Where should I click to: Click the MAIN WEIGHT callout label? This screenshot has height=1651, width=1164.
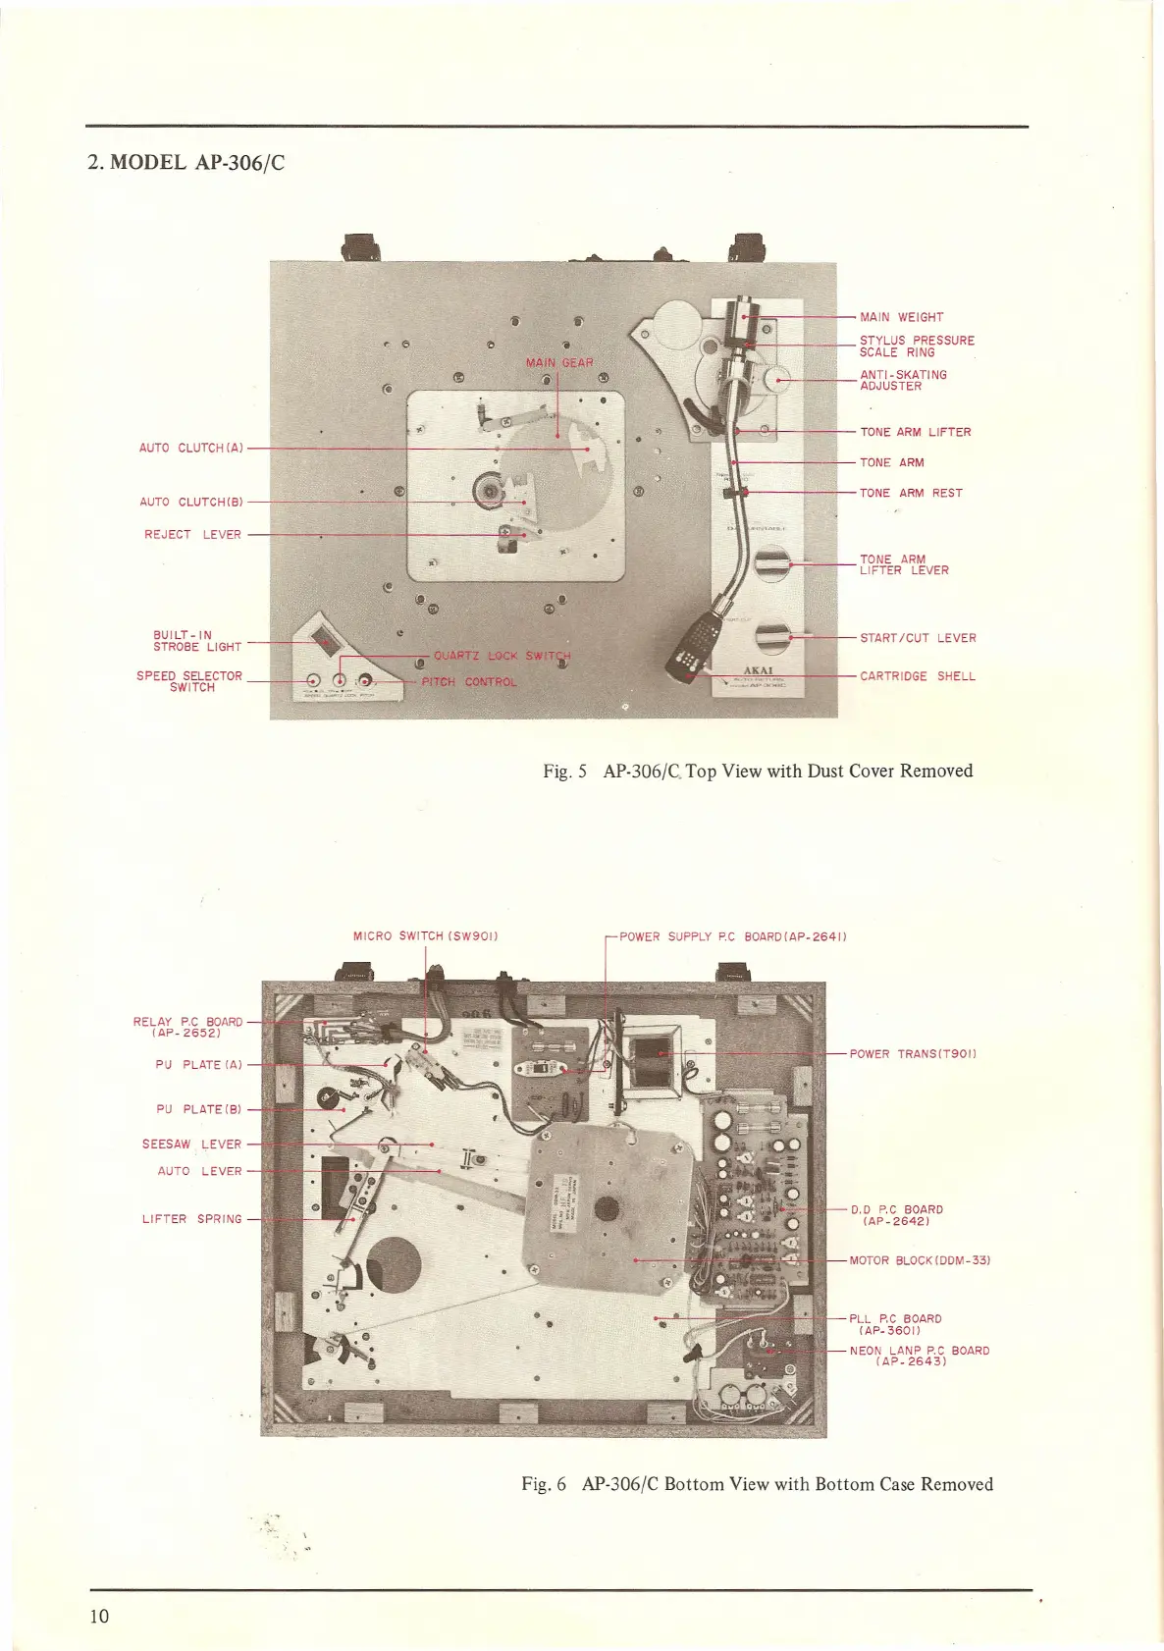(x=901, y=317)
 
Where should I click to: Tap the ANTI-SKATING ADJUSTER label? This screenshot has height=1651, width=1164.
(x=903, y=380)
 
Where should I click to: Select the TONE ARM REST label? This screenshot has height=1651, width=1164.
(x=911, y=493)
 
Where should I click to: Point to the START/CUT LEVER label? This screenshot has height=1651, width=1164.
(x=918, y=638)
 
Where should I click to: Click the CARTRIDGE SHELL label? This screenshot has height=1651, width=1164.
(x=917, y=676)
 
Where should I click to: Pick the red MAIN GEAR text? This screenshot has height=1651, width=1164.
(x=559, y=362)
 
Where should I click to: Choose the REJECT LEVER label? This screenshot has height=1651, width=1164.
(x=192, y=535)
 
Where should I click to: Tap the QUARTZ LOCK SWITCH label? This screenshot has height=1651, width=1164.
(x=502, y=656)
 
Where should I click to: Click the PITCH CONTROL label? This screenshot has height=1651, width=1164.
(x=468, y=682)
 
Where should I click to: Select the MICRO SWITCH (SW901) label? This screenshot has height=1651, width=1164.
(x=426, y=936)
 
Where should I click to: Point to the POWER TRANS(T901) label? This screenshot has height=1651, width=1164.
(x=912, y=1054)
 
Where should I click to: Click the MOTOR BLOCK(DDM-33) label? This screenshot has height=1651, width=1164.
(x=920, y=1260)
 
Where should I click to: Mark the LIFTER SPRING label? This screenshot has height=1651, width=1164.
(x=191, y=1219)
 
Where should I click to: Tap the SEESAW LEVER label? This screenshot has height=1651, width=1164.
(x=191, y=1145)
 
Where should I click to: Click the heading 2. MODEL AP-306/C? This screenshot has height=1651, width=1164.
(x=186, y=163)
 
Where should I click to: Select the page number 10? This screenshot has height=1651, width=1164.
(x=99, y=1617)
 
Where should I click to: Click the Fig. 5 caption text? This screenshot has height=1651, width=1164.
(x=758, y=772)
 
